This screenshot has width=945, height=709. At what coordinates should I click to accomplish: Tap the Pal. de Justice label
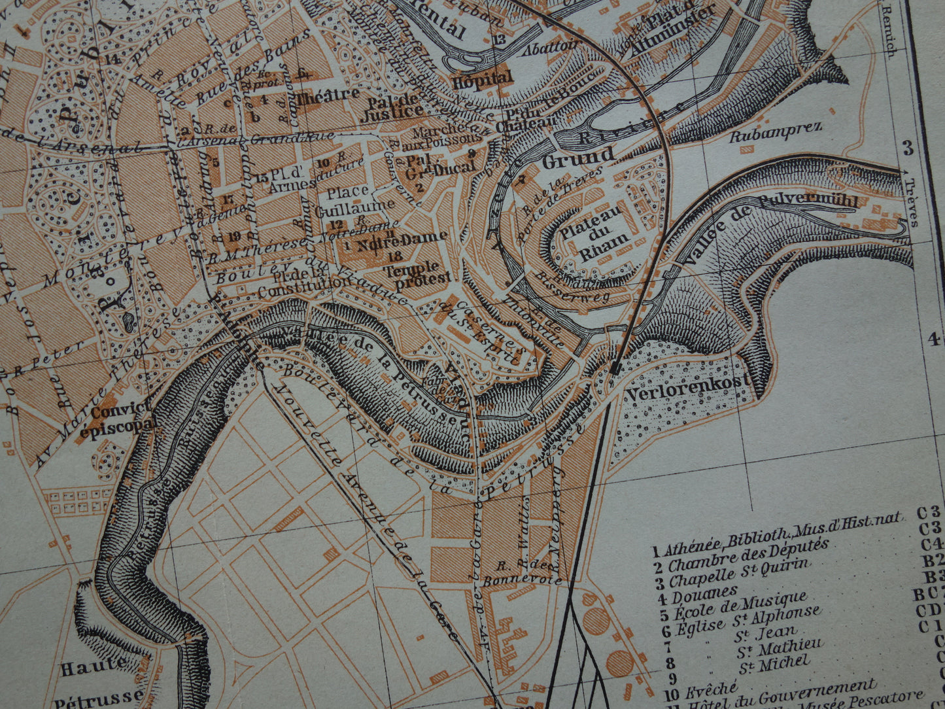[x=394, y=106]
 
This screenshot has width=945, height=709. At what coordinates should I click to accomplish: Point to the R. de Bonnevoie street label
[x=522, y=574]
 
